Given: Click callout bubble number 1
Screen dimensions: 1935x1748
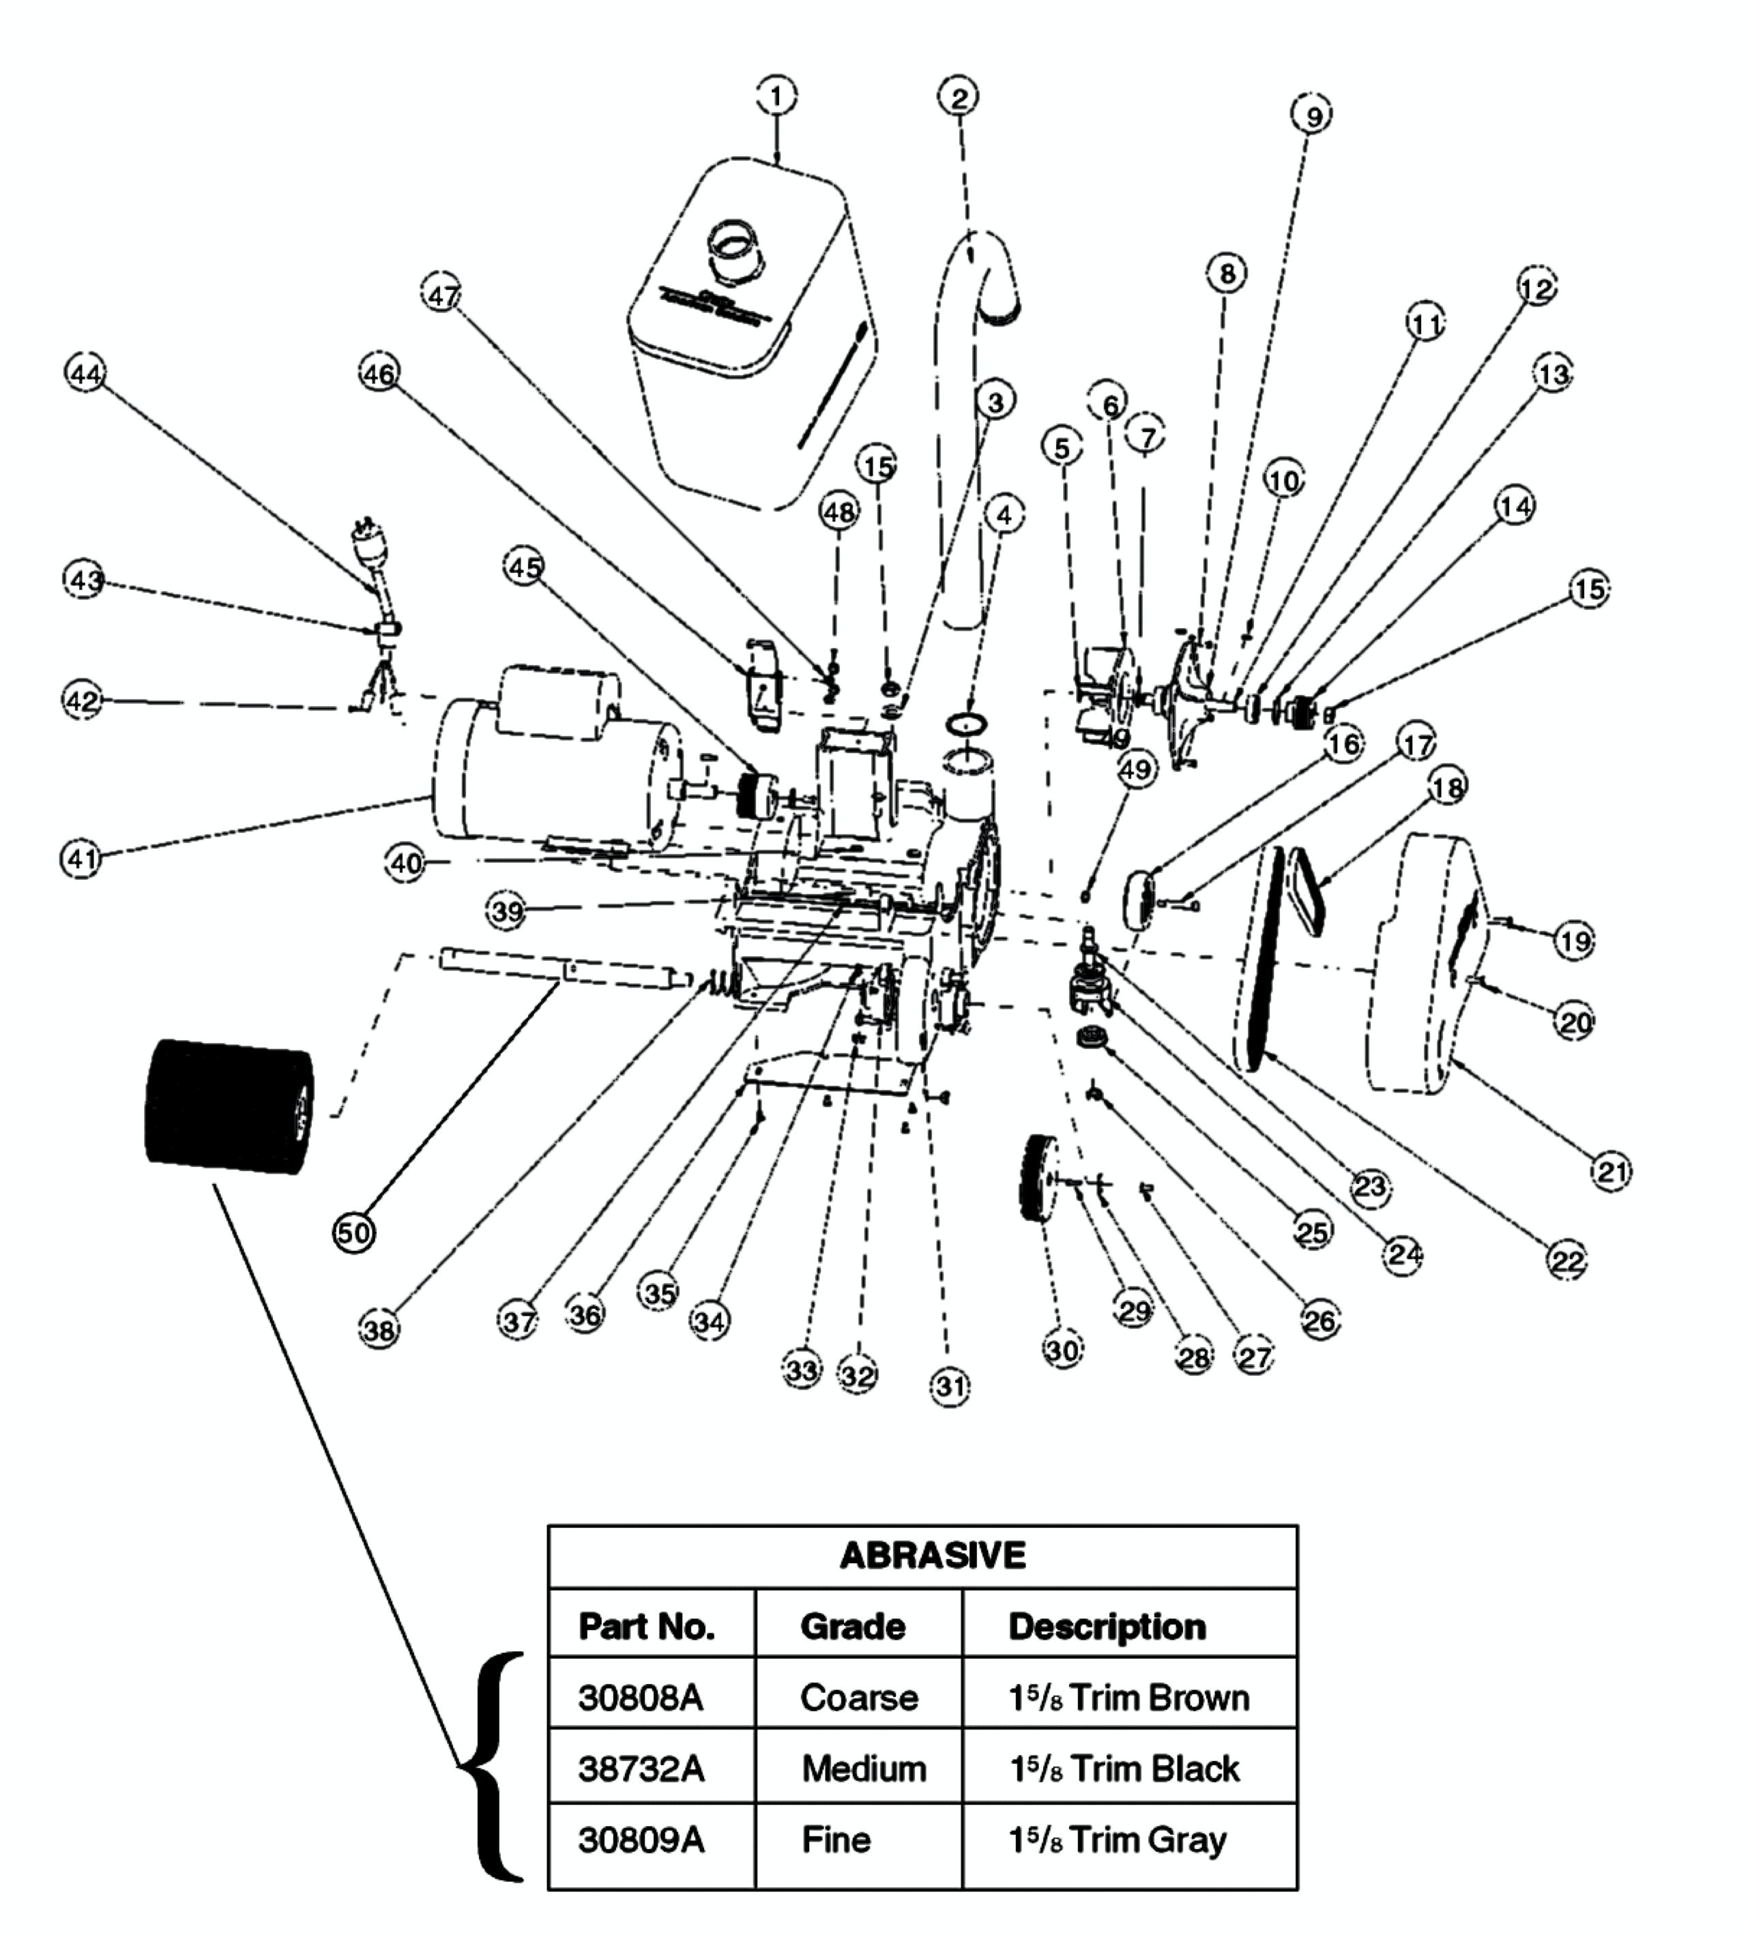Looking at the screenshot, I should tap(776, 96).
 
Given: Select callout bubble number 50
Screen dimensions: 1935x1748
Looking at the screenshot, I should tap(354, 1231).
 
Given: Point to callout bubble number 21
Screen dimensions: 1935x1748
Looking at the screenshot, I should tap(1611, 1171).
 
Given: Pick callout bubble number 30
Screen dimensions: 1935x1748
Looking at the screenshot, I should tap(1062, 1350).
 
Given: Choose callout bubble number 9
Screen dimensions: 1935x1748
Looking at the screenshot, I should tap(1313, 116).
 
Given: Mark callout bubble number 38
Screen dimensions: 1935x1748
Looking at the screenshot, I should tap(379, 1329).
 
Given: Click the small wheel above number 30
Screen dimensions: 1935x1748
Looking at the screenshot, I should tap(1036, 1179).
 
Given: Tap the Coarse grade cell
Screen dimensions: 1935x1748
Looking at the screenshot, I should tap(858, 1698).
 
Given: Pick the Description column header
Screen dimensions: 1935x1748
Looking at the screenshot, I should tap(1107, 1627).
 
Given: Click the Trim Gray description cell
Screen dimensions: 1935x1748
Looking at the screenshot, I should tap(1118, 1840).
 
